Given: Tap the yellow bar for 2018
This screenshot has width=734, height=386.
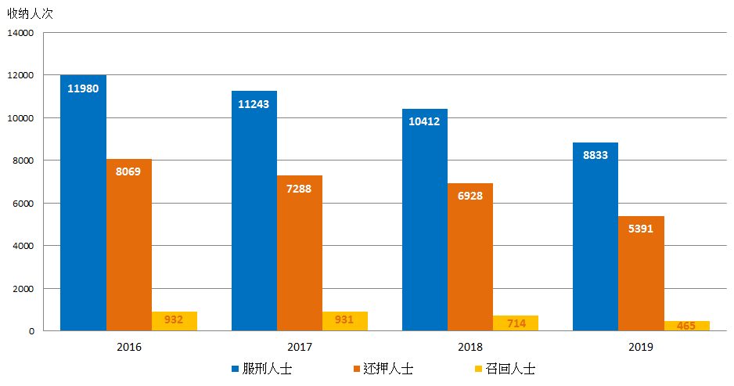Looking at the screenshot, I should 515,323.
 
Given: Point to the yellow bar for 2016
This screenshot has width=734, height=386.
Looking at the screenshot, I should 174,321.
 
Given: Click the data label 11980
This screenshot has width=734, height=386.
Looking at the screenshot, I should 83,88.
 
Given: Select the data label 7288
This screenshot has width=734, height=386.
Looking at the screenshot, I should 299,189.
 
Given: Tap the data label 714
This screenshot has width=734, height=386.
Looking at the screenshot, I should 515,323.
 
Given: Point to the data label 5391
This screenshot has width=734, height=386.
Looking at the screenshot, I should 641,229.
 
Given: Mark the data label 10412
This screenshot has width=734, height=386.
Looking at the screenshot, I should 424,121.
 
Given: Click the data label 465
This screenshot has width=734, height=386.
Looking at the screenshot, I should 685,326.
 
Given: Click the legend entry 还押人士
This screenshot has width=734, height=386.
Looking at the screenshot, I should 381,369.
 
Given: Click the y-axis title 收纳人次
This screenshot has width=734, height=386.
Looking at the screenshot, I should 30,13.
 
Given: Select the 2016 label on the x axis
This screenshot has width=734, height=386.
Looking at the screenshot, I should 128,346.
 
